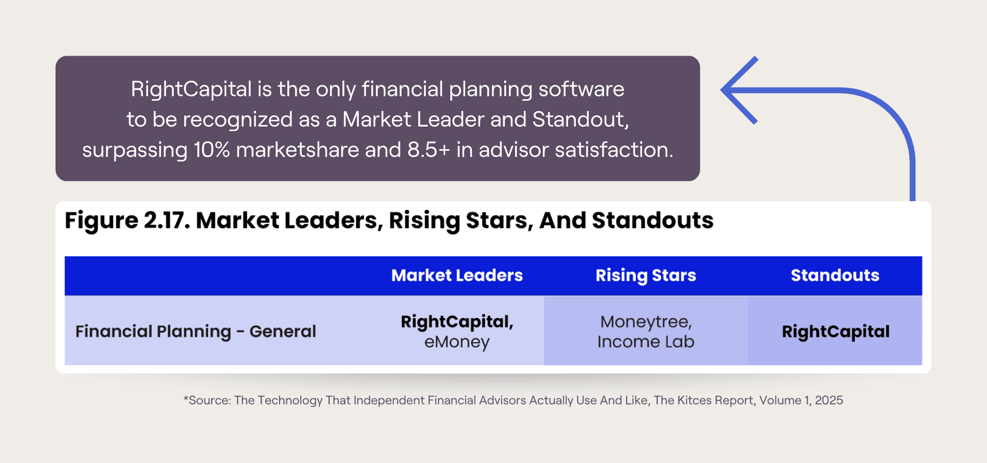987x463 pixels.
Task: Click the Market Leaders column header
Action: [457, 275]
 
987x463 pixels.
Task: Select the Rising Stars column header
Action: [646, 276]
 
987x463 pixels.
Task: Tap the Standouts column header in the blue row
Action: [835, 275]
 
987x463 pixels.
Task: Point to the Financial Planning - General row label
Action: [195, 331]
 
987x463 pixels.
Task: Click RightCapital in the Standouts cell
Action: [835, 332]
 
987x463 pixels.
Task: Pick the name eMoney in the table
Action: [457, 342]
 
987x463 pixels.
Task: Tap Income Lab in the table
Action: [646, 342]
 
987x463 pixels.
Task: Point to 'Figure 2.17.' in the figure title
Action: [127, 221]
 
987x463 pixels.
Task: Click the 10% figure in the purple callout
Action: [212, 150]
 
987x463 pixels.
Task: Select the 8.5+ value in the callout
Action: [429, 150]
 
